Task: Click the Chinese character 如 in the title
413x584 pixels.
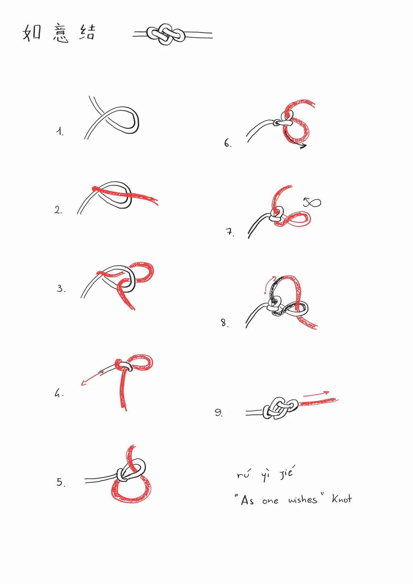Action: click(32, 33)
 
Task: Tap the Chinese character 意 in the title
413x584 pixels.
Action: click(61, 34)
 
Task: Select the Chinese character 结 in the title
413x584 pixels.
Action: click(87, 32)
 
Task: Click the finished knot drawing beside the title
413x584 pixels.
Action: click(166, 34)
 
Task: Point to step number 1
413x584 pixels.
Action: click(60, 132)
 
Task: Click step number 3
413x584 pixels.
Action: click(61, 289)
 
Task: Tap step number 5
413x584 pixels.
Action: click(61, 482)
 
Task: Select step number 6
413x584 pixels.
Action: click(227, 143)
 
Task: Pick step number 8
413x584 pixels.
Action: click(224, 323)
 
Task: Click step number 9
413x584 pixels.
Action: click(219, 413)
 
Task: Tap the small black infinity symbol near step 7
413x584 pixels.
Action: click(312, 202)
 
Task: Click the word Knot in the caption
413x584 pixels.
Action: click(341, 499)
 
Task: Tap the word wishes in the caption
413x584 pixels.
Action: click(303, 500)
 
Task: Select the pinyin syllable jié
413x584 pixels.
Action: click(287, 473)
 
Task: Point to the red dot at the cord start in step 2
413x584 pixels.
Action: click(94, 188)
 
